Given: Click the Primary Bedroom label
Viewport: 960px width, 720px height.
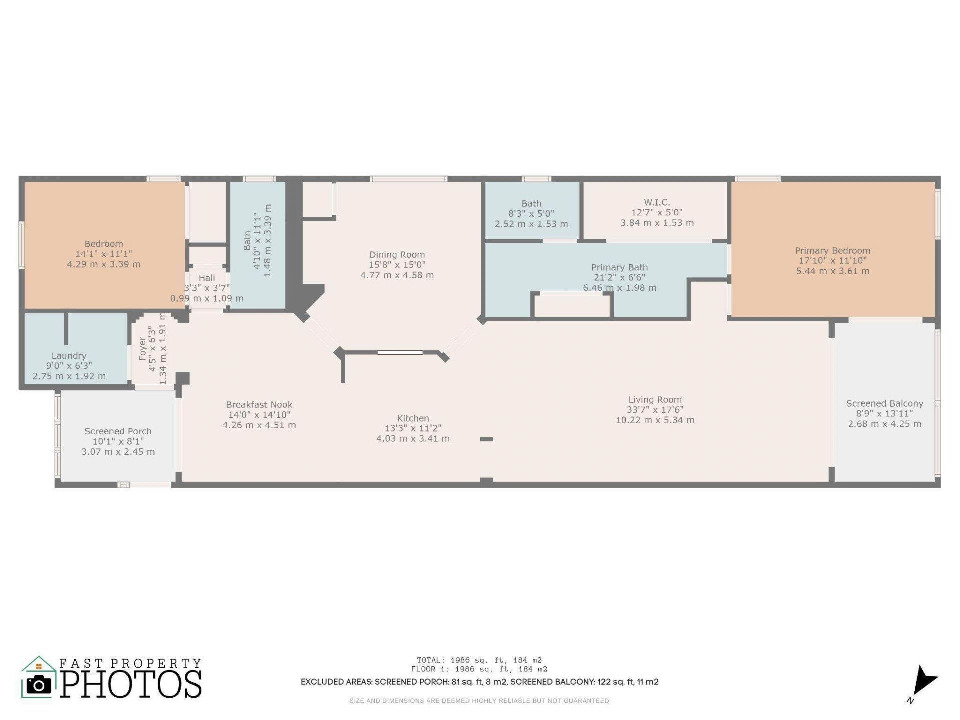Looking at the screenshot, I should pos(832,250).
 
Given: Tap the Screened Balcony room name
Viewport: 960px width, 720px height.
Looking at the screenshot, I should pos(884,403).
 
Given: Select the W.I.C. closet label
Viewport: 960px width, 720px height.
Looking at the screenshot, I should pos(657,202).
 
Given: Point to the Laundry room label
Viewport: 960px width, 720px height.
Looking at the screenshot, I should pos(69,356).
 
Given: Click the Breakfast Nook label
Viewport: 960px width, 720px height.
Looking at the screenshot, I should pos(259,405).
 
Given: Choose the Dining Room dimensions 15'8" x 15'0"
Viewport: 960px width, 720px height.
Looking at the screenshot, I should pos(397,265).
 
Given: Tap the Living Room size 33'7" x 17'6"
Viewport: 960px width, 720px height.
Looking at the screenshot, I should pos(655,410).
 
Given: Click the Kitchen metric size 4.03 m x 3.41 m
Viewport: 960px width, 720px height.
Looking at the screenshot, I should pos(413,439).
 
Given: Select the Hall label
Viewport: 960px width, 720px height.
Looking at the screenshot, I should pos(207,278).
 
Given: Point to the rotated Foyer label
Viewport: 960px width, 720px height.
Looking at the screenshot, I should pos(143,349).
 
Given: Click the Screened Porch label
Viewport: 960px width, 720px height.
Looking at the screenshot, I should pos(118,431).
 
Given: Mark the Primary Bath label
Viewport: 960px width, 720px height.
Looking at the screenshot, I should pos(619,267).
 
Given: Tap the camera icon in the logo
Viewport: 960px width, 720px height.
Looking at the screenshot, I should pos(38,684).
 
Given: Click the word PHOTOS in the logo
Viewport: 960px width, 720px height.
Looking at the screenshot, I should pos(131,684).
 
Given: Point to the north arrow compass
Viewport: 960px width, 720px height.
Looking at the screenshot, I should pos(923,683).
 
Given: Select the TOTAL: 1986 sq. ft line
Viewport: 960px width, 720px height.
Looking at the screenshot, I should pos(479,660).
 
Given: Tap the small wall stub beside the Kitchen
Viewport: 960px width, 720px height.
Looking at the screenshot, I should pos(486,439).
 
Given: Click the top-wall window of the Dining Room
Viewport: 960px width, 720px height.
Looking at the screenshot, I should pos(408,179).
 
